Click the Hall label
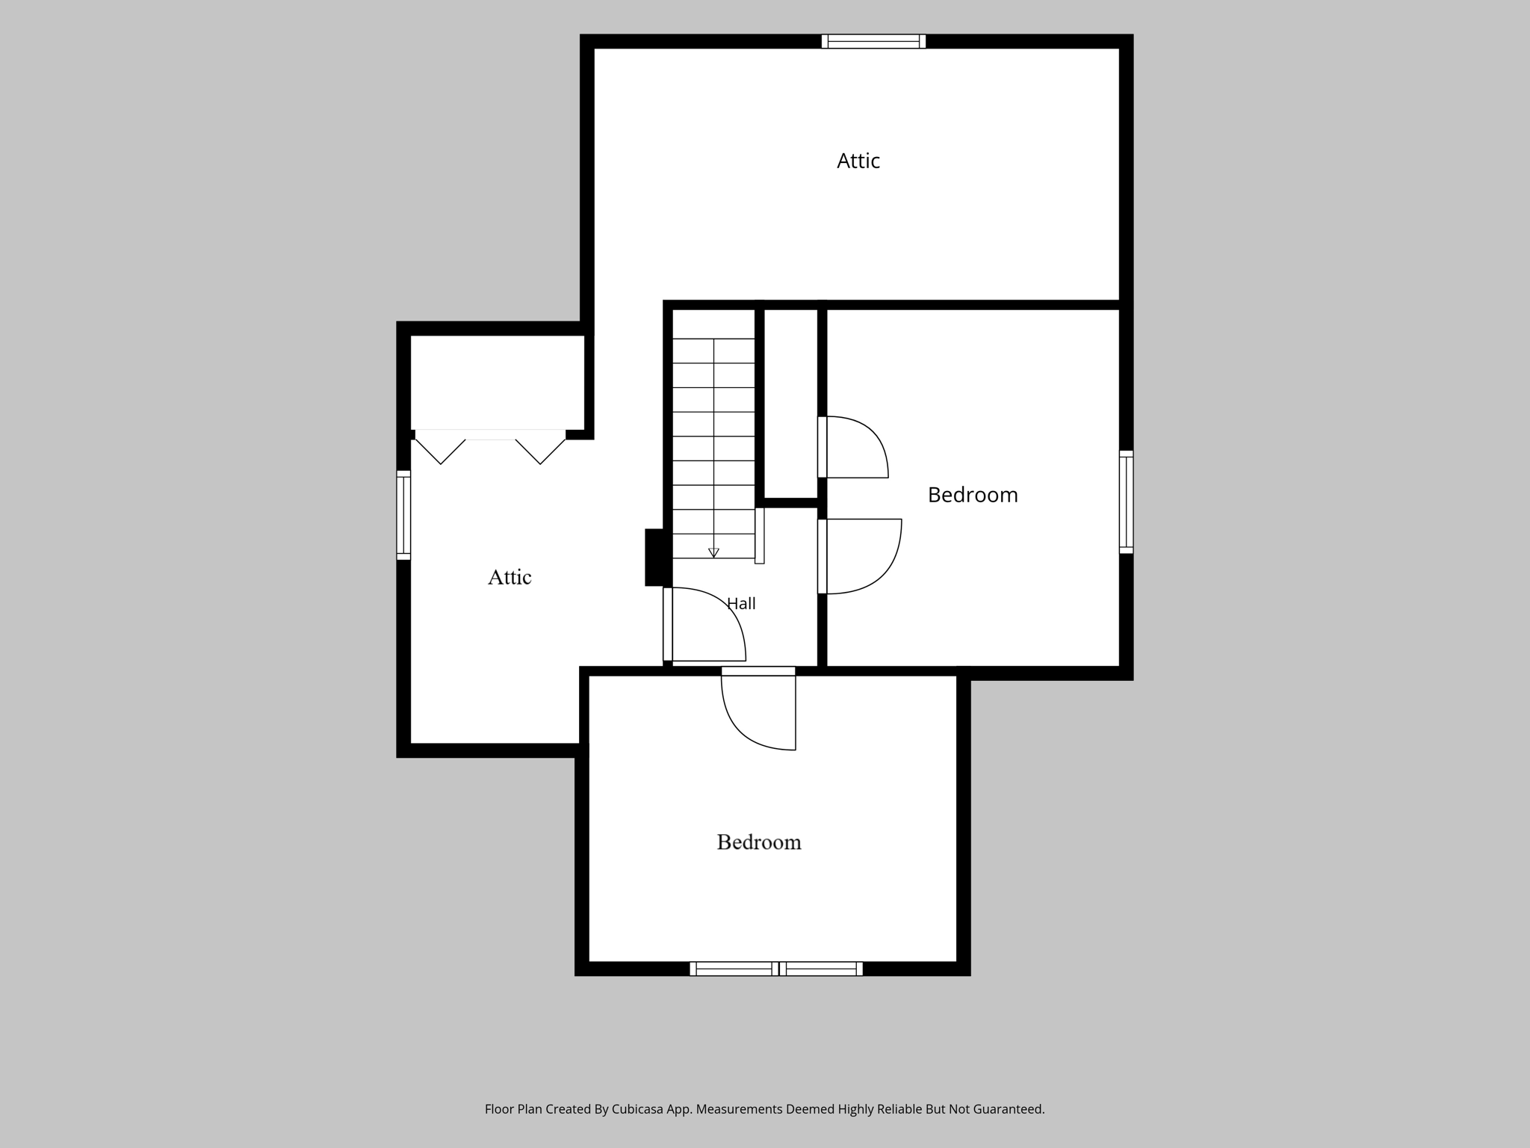pyautogui.click(x=741, y=603)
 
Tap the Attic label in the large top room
pyautogui.click(x=858, y=161)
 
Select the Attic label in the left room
pyautogui.click(x=510, y=577)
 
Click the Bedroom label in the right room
pyautogui.click(x=973, y=495)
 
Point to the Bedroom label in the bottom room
pyautogui.click(x=759, y=842)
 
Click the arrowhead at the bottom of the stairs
pyautogui.click(x=713, y=553)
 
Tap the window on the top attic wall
pyautogui.click(x=873, y=42)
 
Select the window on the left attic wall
pyautogui.click(x=403, y=515)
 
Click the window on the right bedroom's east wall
pyautogui.click(x=1126, y=502)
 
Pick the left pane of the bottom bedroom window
pyautogui.click(x=734, y=969)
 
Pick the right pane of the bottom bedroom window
pyautogui.click(x=821, y=969)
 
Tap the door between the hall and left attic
pyautogui.click(x=704, y=625)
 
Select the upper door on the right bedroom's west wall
pyautogui.click(x=853, y=447)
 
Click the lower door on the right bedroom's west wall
pyautogui.click(x=860, y=556)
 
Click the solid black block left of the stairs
pyautogui.click(x=655, y=558)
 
